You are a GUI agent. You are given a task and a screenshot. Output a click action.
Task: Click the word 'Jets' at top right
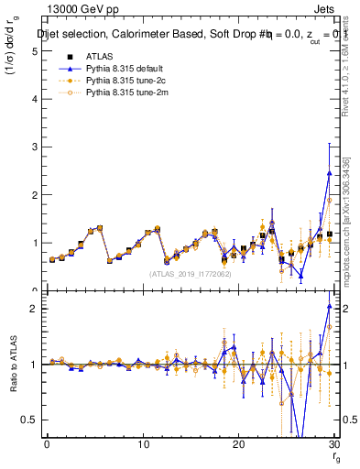pyautogui.click(x=324, y=10)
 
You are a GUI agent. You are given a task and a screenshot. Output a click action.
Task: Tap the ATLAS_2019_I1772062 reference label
pyautogui.click(x=191, y=273)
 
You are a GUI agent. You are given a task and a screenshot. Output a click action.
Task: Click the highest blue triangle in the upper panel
pyautogui.click(x=329, y=173)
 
